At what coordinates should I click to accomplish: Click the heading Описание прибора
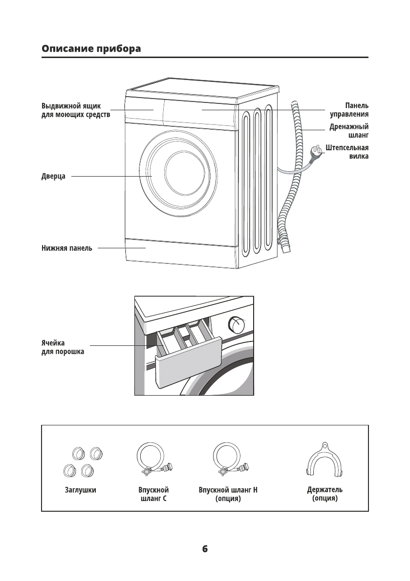(x=91, y=49)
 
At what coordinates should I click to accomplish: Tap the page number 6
(x=205, y=548)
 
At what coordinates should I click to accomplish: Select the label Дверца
(x=53, y=176)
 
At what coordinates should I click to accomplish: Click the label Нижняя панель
(x=66, y=248)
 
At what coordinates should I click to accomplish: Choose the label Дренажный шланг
(x=348, y=131)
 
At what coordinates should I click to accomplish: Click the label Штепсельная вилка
(x=346, y=152)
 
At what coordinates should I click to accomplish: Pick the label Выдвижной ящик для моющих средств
(x=75, y=110)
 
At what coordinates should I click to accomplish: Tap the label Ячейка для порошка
(x=62, y=347)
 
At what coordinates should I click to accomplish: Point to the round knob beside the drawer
(x=237, y=323)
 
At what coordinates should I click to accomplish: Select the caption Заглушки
(x=80, y=490)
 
